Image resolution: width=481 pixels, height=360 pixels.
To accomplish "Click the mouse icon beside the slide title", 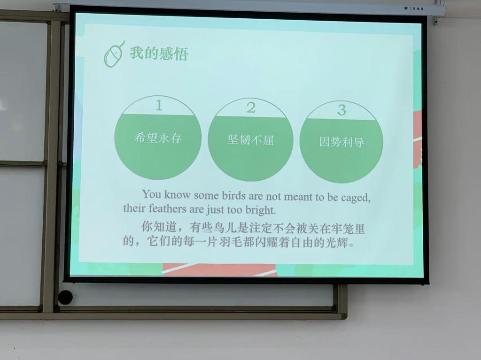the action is click(114, 54).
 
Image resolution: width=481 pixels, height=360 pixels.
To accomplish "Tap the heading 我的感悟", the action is click(159, 53).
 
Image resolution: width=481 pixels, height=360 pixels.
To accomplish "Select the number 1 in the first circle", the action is click(159, 105).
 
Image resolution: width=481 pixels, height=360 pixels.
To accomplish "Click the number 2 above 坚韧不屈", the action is click(251, 107).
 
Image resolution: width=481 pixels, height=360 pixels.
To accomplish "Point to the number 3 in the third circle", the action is click(341, 110).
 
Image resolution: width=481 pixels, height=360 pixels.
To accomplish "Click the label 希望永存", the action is click(158, 138).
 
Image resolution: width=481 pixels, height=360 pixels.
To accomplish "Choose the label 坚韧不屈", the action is click(250, 140).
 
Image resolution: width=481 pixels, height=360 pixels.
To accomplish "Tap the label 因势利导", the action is click(341, 142).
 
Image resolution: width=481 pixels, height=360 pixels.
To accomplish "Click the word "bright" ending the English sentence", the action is click(260, 210).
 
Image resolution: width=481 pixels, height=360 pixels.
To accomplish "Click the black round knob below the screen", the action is click(65, 297).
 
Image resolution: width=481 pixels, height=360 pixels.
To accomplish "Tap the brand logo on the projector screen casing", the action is click(413, 9).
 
